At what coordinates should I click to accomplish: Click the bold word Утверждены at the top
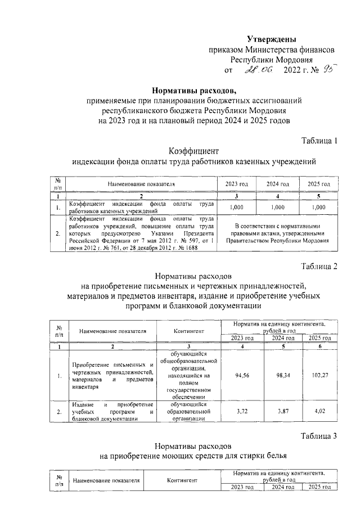pyautogui.click(x=272, y=39)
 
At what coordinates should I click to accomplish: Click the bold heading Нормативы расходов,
pyautogui.click(x=194, y=90)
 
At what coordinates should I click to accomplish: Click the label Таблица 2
pyautogui.click(x=319, y=266)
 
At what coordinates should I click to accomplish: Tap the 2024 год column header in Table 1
pyautogui.click(x=277, y=184)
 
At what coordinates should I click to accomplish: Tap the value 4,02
pyautogui.click(x=319, y=412)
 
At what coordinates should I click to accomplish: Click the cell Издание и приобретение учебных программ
pyautogui.click(x=113, y=412)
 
